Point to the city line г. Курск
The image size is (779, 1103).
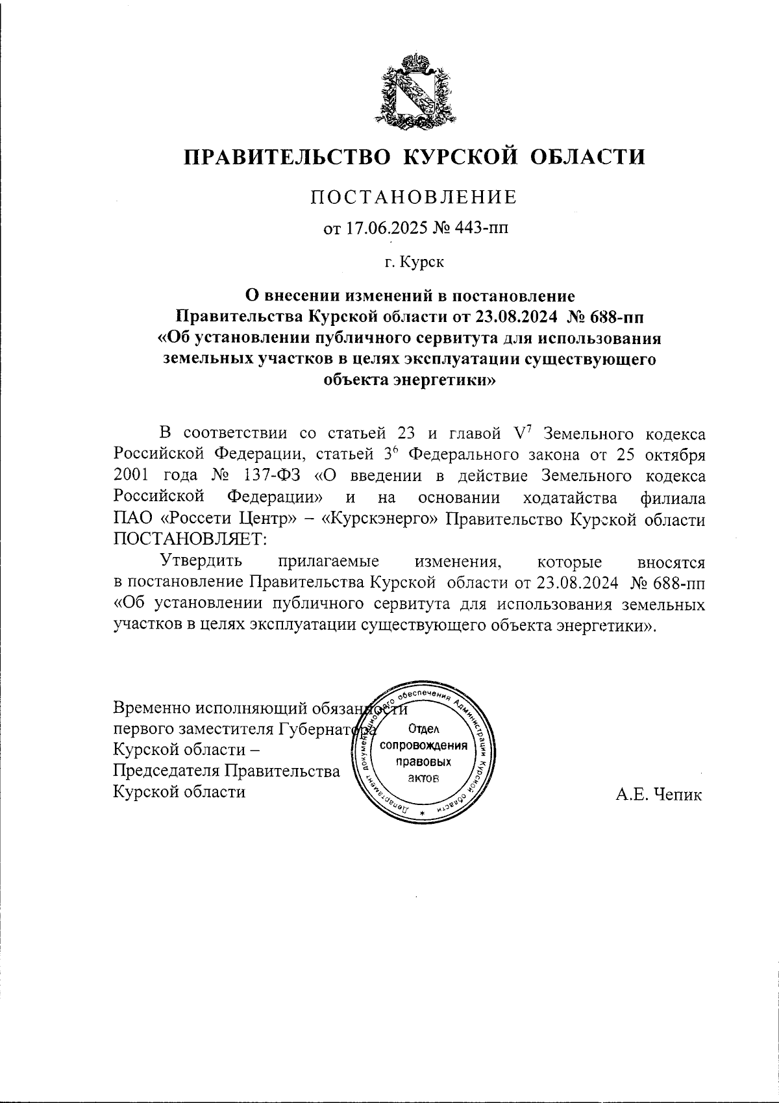pos(414,262)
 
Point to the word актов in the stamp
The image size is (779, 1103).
pos(425,777)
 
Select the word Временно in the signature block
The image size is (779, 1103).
pos(151,707)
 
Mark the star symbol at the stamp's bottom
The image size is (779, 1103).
pos(423,814)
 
